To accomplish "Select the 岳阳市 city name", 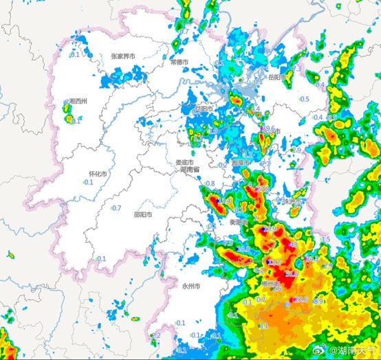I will pos(276,77).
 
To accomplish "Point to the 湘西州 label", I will pos(78,101).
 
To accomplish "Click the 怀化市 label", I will pos(98,175).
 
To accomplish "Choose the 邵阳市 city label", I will pos(143,214).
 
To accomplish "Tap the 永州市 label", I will pos(190,285).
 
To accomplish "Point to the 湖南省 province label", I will pos(189,170).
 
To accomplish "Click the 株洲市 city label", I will pos(292,201).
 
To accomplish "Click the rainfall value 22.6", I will pos(301,300).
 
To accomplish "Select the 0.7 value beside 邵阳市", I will pos(117,208).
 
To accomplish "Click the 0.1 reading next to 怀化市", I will pos(89,183).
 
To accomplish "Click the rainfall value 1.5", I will pos(327,239).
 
